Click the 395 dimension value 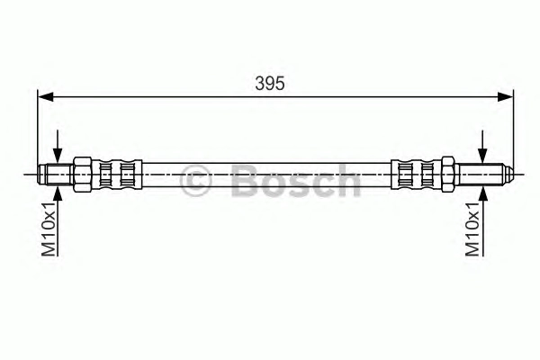270,84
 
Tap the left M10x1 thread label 49,229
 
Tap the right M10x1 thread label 472,229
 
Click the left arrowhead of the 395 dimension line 46,97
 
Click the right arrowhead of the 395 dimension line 505,97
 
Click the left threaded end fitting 55,175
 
